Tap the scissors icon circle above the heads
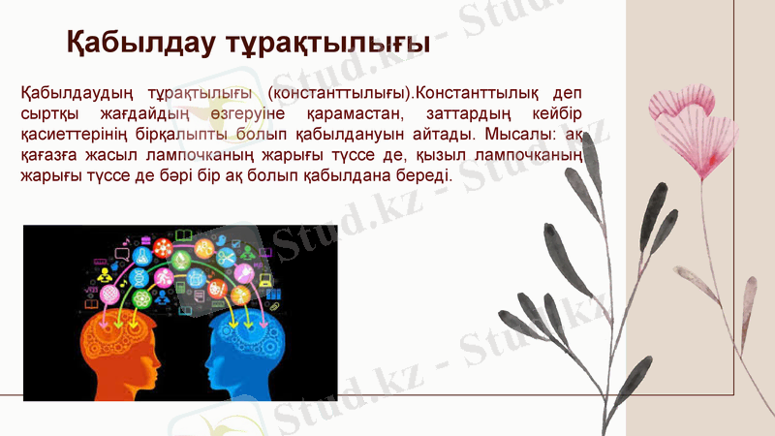[x=227, y=258]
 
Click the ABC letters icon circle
[x=203, y=249]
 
